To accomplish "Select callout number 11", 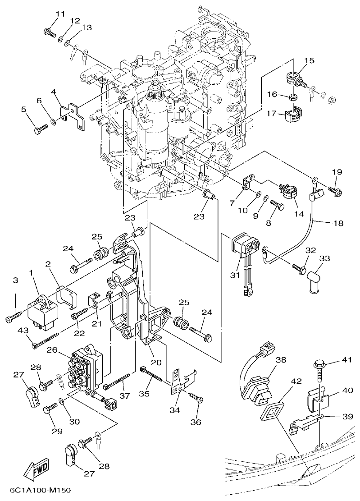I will (x=60, y=14).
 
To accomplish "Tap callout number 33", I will (x=324, y=258).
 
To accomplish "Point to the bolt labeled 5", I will (x=38, y=129).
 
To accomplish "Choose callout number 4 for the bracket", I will (x=54, y=91).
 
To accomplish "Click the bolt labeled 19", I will (x=335, y=191).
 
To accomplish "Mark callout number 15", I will (x=309, y=60).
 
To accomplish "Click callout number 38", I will (x=281, y=360).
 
